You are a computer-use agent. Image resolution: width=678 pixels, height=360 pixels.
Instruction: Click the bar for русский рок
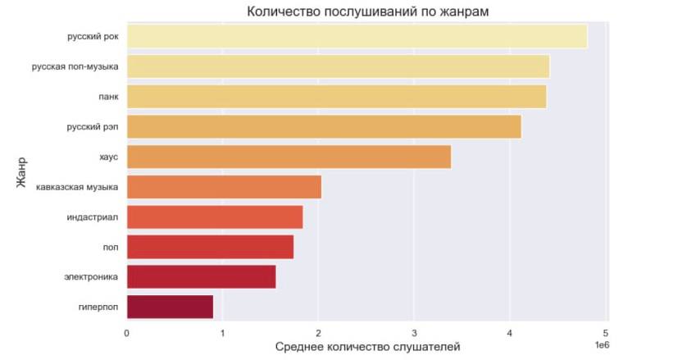pyautogui.click(x=357, y=37)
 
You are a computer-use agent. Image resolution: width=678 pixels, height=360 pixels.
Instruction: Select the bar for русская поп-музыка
pyautogui.click(x=338, y=66)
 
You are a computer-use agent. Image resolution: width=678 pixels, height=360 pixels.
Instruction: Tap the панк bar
pyautogui.click(x=336, y=97)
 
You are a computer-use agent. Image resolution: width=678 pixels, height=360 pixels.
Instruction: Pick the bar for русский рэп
pyautogui.click(x=324, y=127)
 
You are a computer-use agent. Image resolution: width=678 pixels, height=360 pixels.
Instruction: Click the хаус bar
pyautogui.click(x=289, y=157)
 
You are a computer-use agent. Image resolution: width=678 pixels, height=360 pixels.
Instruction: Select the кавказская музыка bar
pyautogui.click(x=224, y=187)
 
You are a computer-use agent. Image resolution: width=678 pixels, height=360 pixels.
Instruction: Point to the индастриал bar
pyautogui.click(x=215, y=216)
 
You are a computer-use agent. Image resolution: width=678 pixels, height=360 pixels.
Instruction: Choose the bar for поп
pyautogui.click(x=210, y=247)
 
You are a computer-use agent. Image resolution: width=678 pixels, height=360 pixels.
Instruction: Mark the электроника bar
pyautogui.click(x=201, y=276)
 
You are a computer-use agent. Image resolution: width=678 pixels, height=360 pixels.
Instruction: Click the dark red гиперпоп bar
pyautogui.click(x=170, y=307)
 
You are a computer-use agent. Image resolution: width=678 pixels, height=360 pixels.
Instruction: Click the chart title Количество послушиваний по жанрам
pyautogui.click(x=368, y=11)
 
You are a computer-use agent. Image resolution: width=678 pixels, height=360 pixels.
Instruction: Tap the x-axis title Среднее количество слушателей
pyautogui.click(x=366, y=348)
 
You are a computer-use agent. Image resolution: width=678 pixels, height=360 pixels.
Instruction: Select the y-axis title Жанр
pyautogui.click(x=22, y=172)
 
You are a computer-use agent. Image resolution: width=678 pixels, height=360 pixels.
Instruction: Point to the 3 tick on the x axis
pyautogui.click(x=414, y=333)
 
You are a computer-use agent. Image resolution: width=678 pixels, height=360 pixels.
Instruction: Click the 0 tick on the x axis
pyautogui.click(x=127, y=333)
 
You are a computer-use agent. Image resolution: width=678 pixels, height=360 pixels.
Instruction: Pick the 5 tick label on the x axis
pyautogui.click(x=606, y=333)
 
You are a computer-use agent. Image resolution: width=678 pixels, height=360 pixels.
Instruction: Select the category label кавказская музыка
pyautogui.click(x=77, y=187)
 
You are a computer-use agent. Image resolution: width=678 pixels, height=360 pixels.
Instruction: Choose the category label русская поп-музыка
pyautogui.click(x=75, y=66)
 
